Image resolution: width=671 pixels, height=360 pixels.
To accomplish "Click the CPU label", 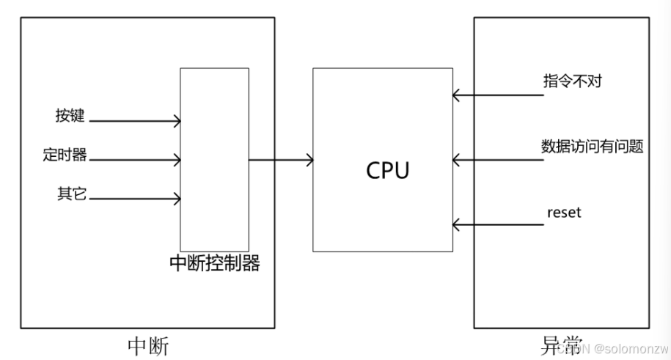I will tap(388, 170).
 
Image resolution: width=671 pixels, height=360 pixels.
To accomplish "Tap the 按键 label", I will tap(70, 116).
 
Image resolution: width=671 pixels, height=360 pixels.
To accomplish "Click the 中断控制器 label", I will tap(215, 263).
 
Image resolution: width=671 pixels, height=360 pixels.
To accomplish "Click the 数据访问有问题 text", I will tap(592, 146).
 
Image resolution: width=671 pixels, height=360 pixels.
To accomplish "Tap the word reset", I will tap(564, 213).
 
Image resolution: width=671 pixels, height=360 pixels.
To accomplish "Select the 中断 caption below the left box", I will tap(147, 345).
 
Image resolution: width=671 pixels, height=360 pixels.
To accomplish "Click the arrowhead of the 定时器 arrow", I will tap(177, 159).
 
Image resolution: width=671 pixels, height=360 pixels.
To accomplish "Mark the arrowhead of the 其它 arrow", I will tap(177, 198).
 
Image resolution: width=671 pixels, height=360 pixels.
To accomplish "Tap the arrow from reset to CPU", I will tap(499, 223).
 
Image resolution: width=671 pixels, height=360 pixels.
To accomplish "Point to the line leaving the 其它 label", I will tap(132, 198).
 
